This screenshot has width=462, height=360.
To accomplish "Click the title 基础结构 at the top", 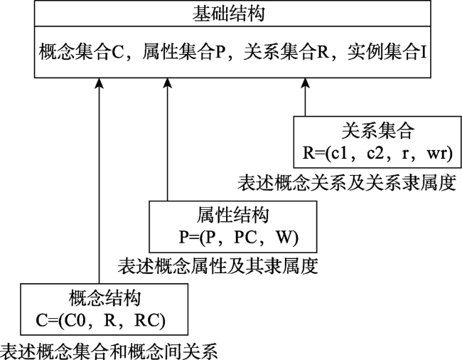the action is pos(228,14).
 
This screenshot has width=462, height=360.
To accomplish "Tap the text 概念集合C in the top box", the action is pos(81,52).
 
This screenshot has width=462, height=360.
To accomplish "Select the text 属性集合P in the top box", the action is pos(184,52).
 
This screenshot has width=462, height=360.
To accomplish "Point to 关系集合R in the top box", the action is pos(286,52).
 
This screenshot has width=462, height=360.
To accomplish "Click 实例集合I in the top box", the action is pos(387,52).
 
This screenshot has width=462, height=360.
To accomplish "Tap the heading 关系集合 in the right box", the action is pos(378,131).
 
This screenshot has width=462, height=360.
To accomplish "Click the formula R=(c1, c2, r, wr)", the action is pos(377,153).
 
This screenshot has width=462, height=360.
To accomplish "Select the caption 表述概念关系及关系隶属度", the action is pos(347,183).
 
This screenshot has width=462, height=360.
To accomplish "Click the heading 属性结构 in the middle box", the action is pos(232,215).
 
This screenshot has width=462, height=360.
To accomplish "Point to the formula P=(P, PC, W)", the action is pos(239,237).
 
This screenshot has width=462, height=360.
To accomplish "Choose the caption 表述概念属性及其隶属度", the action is pos(218,266).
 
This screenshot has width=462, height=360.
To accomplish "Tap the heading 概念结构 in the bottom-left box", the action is pos(104,298).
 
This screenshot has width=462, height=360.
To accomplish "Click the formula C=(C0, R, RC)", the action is pos(100,320).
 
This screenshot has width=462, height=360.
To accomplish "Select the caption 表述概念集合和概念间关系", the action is pos(109,351).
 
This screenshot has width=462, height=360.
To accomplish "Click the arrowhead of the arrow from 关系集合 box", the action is pos(305,83).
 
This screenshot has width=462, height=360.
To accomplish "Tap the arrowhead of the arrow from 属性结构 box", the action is pos(167,83).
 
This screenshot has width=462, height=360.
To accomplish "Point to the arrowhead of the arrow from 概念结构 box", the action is pos(100,83).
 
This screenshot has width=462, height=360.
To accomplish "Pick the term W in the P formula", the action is pos(284,237).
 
